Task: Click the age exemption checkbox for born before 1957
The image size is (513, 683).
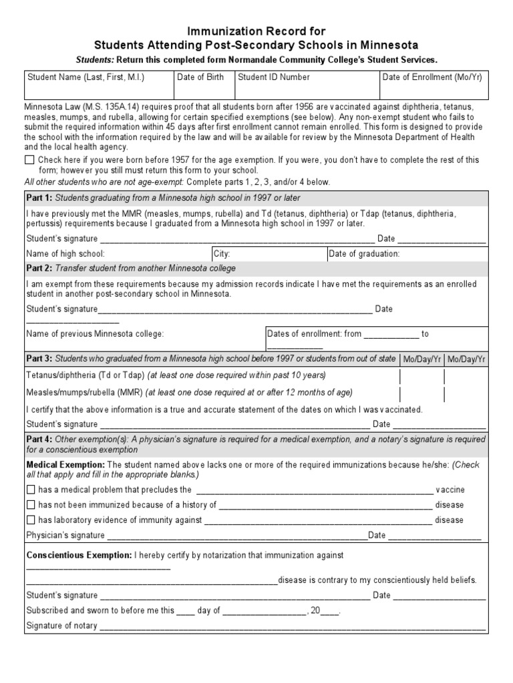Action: coord(29,160)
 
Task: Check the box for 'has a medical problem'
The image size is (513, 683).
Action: coord(30,490)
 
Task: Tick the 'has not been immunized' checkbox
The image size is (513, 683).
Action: coord(30,505)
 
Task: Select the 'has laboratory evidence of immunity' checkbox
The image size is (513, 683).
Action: coord(30,520)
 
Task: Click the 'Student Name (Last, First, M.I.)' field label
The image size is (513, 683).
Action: coord(85,77)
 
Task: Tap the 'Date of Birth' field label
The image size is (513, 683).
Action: coord(200,77)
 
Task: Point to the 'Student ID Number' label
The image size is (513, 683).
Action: coord(274,77)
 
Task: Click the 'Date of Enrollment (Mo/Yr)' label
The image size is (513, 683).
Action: coord(432,77)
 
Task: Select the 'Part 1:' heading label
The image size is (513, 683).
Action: coord(39,198)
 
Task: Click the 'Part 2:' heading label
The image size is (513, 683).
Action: coord(39,268)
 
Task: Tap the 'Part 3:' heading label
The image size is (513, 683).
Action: coord(39,359)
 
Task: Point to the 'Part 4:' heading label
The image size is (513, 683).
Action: coord(39,440)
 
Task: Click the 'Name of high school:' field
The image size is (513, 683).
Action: coord(65,253)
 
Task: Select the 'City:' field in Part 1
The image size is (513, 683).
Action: coord(222,253)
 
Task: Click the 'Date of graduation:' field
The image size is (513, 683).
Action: coord(364,253)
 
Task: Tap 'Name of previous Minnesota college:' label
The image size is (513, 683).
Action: coord(94,333)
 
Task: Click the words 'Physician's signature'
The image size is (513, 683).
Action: coord(65,535)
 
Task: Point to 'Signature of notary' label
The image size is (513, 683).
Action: coord(61,626)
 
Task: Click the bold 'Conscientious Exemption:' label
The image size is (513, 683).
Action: coord(79,555)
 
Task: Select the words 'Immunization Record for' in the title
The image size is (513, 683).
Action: coord(256,31)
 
